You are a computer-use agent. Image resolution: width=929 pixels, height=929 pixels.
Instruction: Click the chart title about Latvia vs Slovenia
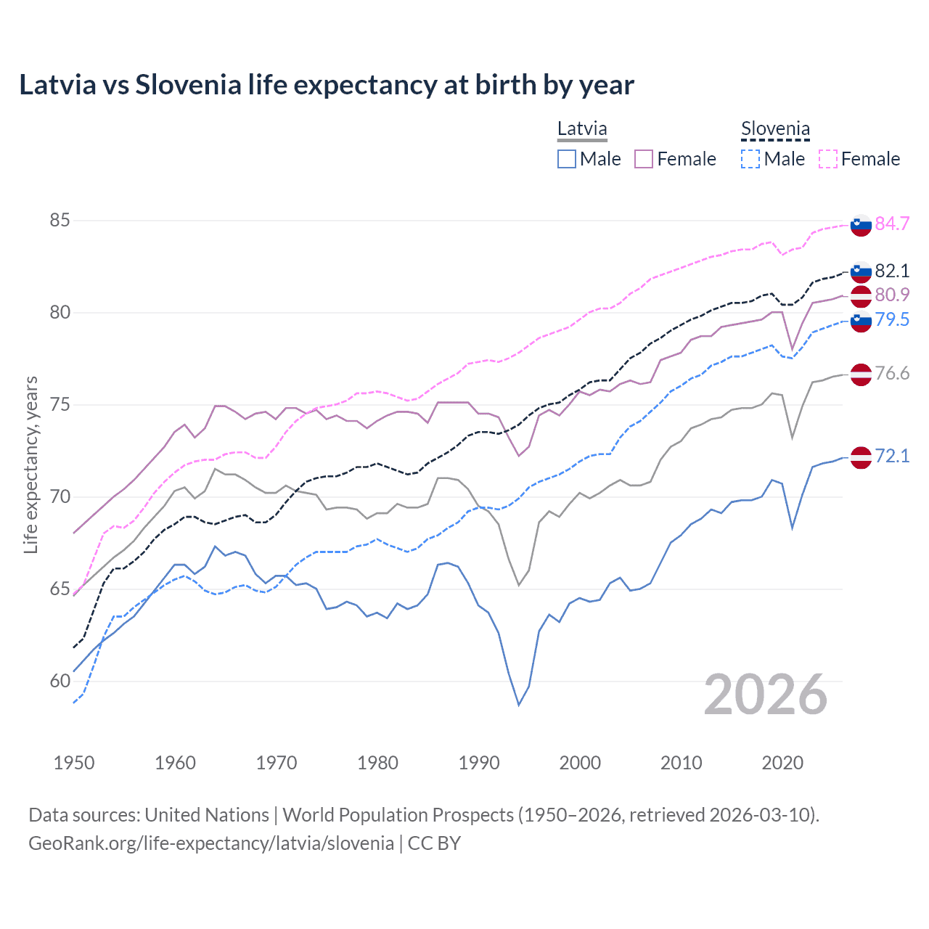(327, 85)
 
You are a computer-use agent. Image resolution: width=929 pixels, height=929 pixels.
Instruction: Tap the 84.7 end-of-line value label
(892, 224)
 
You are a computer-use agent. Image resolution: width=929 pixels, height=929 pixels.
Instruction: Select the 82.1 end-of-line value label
(892, 271)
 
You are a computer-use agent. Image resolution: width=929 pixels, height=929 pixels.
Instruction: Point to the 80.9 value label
(892, 295)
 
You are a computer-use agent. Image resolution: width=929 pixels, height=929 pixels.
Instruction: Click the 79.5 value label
(892, 319)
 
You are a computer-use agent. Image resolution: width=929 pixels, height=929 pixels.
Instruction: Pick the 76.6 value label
(892, 373)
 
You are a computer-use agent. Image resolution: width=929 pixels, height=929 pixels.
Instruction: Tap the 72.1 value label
(892, 456)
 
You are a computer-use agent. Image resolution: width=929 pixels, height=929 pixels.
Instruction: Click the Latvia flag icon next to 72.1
(861, 457)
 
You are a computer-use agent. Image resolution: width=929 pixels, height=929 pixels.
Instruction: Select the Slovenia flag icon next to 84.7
(861, 225)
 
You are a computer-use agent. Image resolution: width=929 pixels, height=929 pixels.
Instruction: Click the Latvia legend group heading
(582, 129)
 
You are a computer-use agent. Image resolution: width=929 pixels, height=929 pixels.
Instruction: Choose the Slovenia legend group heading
(775, 129)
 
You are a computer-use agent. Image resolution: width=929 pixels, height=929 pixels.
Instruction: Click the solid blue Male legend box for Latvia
(567, 159)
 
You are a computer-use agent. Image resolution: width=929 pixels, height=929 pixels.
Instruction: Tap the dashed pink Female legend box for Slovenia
(828, 159)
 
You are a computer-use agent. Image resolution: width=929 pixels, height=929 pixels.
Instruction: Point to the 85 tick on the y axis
(60, 220)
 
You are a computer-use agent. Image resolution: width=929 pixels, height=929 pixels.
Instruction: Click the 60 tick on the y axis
(60, 681)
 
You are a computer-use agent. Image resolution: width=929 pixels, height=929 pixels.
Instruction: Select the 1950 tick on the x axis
(74, 763)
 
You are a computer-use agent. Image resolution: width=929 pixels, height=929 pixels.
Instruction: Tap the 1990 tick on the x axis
(479, 763)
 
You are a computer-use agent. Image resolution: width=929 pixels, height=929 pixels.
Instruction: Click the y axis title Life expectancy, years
(30, 464)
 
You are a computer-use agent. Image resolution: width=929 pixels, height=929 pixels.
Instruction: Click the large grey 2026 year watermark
(766, 695)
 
